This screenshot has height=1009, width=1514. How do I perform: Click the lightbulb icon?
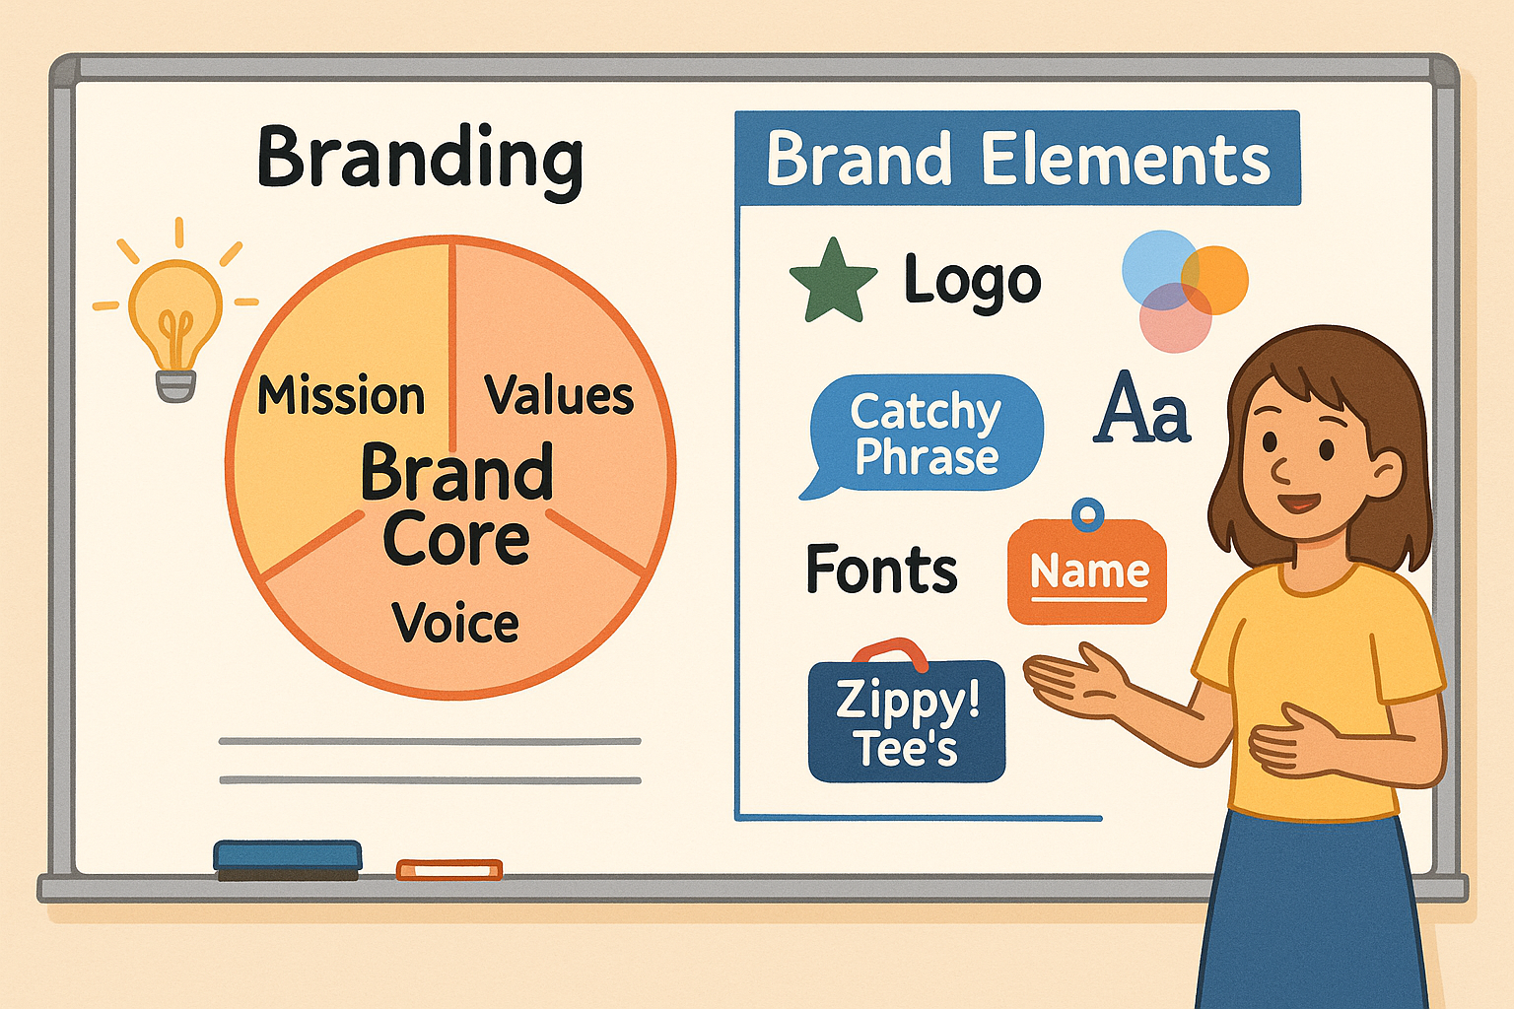pos(175,325)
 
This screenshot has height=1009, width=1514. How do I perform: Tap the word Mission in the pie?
pos(341,396)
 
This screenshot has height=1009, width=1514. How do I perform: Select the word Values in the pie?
pos(559,396)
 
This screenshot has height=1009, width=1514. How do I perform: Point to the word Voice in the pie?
pos(455,623)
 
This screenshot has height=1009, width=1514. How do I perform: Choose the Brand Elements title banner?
pos(1017,159)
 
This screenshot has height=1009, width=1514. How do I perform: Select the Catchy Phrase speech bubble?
pos(926,435)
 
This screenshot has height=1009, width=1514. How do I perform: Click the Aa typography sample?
pos(1142,409)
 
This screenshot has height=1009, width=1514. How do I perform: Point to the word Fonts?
pos(881,570)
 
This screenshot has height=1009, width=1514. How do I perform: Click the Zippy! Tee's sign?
pos(907,721)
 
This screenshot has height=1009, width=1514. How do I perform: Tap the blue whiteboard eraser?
pos(288,857)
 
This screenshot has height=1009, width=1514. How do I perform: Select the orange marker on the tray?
pos(449,869)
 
